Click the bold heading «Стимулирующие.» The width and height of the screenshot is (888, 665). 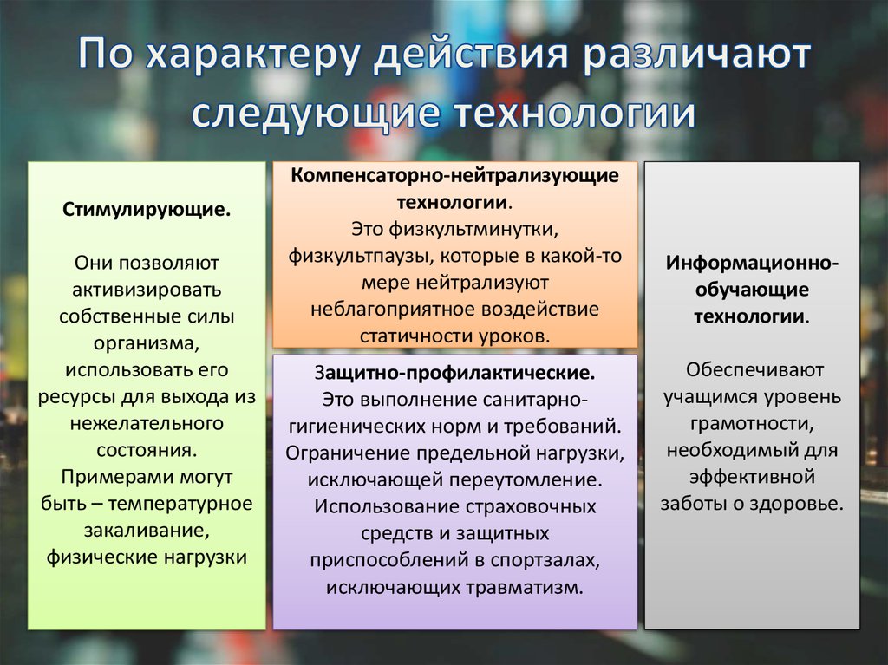[147, 210]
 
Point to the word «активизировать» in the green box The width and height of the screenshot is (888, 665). [147, 288]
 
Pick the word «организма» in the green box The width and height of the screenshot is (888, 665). [145, 342]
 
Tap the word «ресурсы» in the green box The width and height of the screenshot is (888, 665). [75, 396]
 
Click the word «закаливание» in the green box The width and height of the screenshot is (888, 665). [145, 530]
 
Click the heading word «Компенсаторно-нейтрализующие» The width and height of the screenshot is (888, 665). [455, 176]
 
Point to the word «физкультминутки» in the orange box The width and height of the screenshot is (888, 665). [455, 229]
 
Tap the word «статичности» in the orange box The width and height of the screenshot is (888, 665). [411, 336]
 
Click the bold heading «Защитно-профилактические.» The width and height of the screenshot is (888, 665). [454, 372]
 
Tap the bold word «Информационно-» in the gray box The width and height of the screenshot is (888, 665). [752, 262]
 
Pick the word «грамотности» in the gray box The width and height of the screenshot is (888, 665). [750, 424]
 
